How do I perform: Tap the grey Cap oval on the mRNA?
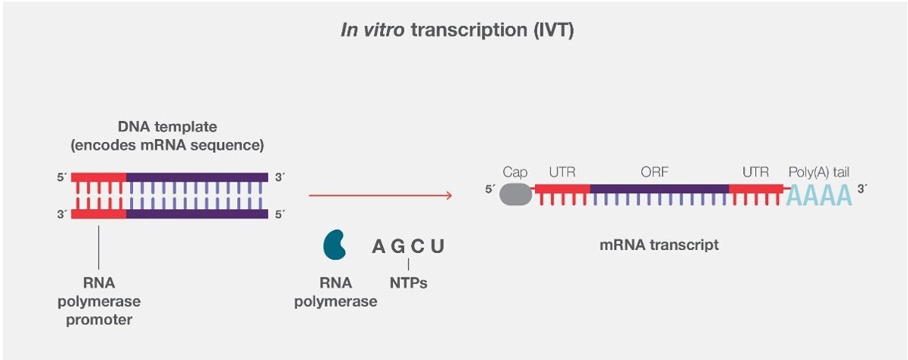(515, 194)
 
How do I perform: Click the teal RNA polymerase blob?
(335, 245)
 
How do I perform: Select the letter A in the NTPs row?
(378, 247)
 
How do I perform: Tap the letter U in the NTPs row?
(437, 247)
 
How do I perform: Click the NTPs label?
(408, 284)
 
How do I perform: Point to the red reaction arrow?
(381, 196)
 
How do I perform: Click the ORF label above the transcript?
(655, 172)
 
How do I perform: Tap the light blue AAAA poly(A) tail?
(819, 196)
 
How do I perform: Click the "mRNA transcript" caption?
(659, 245)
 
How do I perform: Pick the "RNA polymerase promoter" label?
(99, 301)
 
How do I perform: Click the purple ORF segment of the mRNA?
(659, 188)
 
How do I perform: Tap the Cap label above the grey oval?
(515, 172)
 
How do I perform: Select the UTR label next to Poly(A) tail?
(756, 172)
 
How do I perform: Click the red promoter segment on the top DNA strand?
(99, 177)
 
